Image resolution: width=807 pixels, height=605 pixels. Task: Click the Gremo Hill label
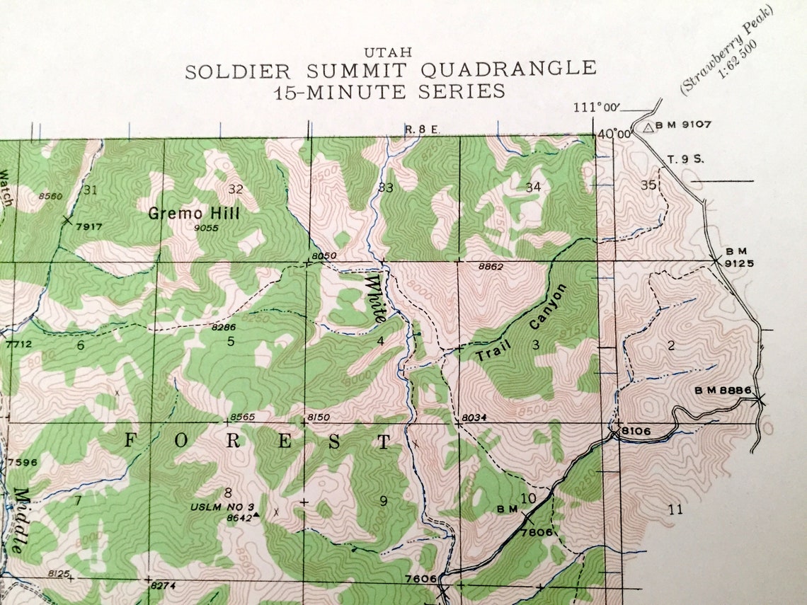194,213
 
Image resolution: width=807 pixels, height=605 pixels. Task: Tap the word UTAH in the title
388,53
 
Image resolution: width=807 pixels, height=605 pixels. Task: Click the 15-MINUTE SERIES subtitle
389,91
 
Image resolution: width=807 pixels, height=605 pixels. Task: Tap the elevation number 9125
739,263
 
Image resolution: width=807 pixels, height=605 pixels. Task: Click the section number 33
386,188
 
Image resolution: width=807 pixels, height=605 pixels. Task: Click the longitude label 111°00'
596,108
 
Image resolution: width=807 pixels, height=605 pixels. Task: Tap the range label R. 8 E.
423,129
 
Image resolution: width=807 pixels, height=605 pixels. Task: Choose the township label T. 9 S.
686,160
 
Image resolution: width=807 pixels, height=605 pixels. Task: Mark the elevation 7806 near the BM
536,532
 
